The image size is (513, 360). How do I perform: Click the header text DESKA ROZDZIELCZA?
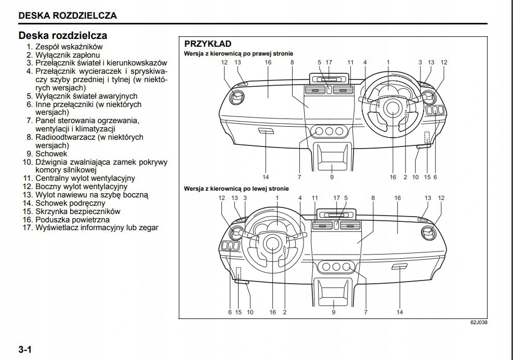point(68,16)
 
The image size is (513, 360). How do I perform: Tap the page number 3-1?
point(25,349)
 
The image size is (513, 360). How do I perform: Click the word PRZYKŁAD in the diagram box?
point(207,44)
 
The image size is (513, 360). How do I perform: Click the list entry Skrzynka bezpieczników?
point(77,211)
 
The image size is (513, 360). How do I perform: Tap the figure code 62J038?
point(479,323)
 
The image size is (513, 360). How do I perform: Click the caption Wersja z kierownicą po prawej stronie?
point(239,54)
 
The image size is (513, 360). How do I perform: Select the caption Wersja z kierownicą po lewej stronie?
point(236,189)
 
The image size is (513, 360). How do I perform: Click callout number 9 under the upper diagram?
point(332,177)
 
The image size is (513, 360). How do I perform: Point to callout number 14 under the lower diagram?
point(400,312)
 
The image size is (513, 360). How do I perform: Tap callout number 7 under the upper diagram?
point(299,177)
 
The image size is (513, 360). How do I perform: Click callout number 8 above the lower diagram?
point(373,198)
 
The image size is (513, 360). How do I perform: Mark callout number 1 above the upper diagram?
point(388,62)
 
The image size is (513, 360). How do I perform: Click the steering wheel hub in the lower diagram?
point(272,242)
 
